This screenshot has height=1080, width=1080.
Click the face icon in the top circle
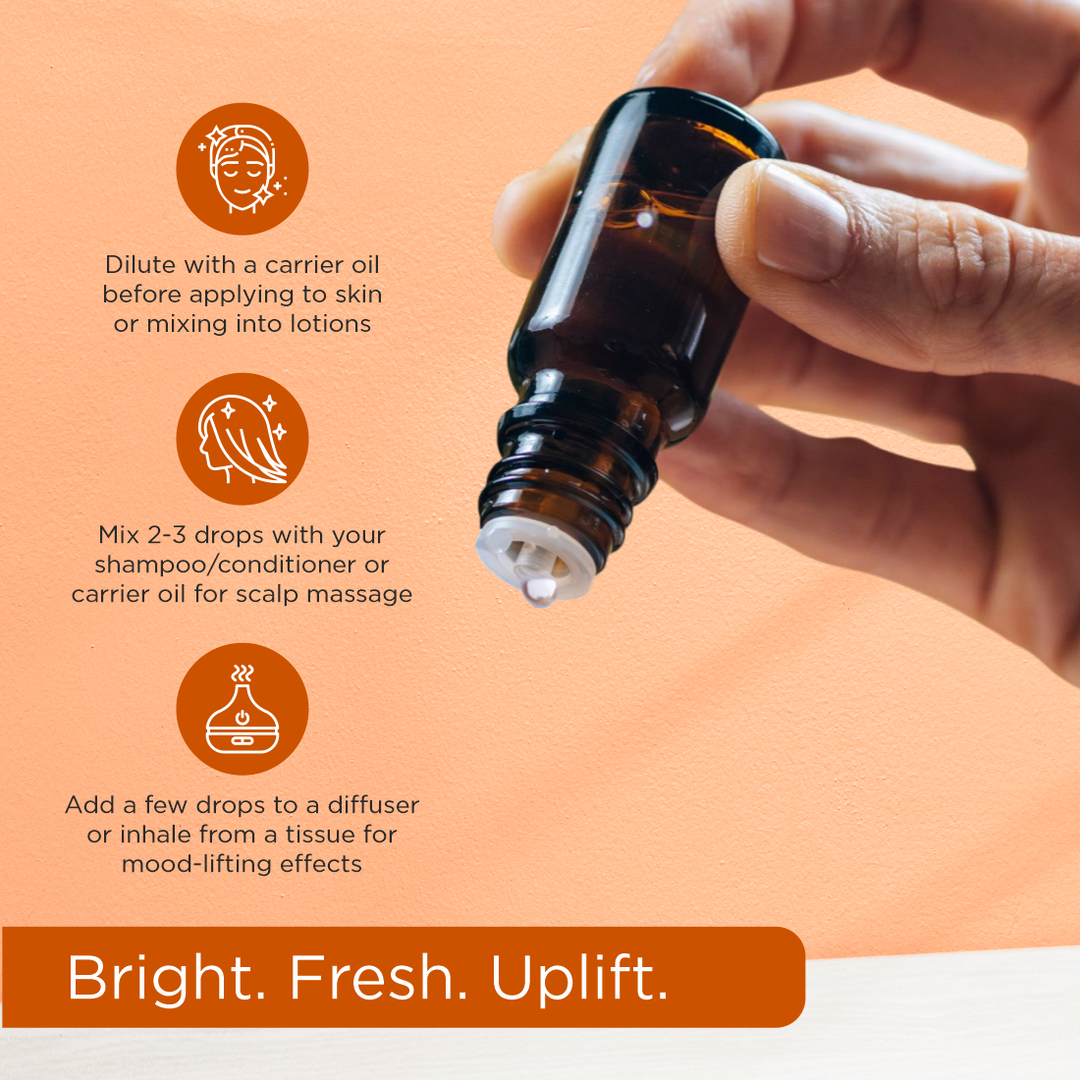(x=242, y=169)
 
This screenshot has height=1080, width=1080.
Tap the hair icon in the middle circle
(x=242, y=439)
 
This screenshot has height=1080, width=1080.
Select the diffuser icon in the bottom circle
(x=242, y=709)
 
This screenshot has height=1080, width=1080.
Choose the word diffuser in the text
(x=373, y=805)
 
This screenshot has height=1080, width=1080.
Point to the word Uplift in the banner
(x=579, y=978)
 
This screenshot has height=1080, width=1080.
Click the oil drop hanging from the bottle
(x=538, y=592)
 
